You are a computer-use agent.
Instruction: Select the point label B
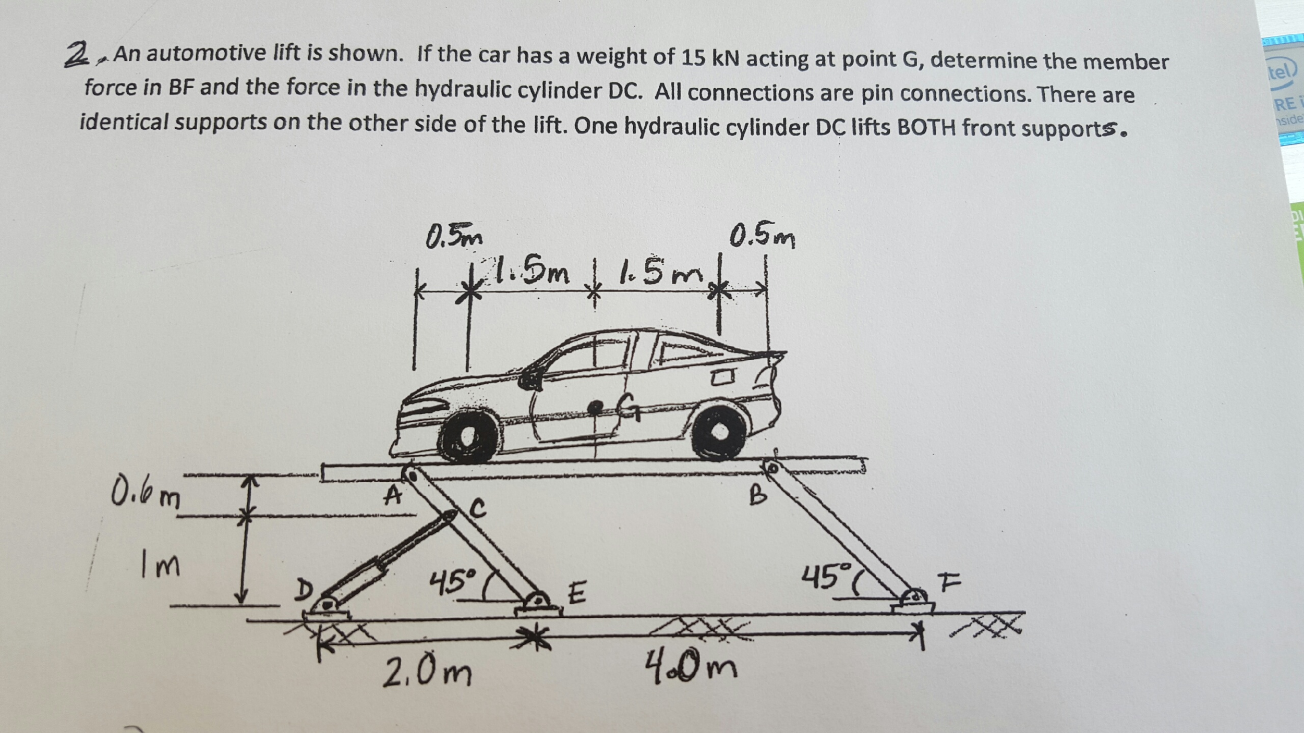click(x=758, y=495)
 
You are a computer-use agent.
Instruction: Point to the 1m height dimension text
click(x=160, y=565)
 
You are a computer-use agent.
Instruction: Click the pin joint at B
click(x=773, y=468)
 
